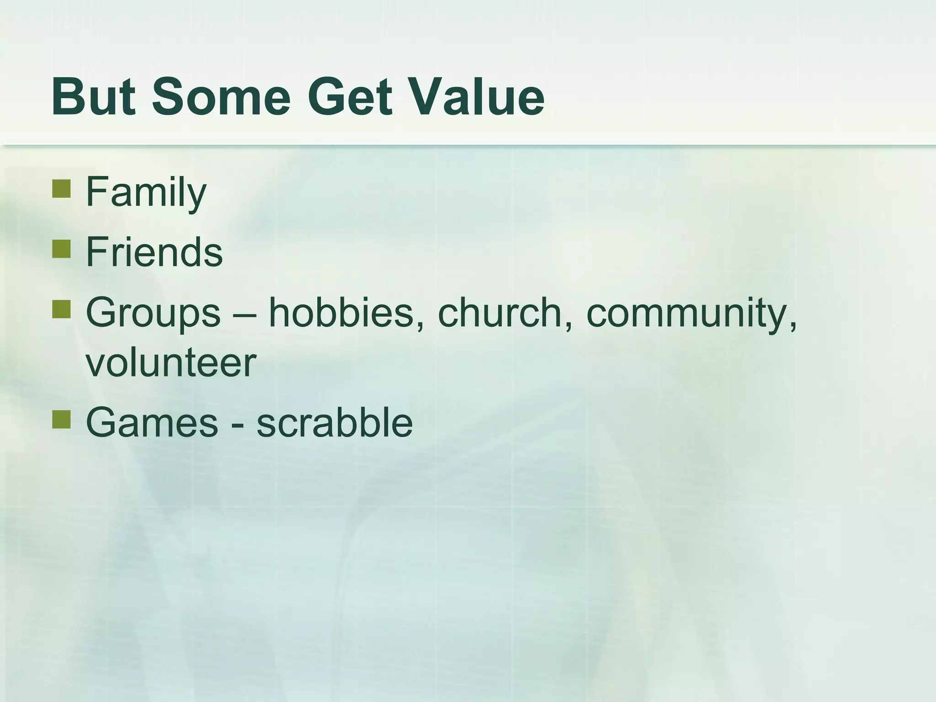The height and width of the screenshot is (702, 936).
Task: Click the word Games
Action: click(x=152, y=423)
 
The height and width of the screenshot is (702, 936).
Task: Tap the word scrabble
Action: click(x=335, y=423)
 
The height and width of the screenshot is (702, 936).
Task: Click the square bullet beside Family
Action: click(x=61, y=188)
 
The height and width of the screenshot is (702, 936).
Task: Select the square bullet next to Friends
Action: click(x=61, y=249)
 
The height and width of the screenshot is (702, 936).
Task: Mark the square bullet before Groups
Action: click(x=61, y=309)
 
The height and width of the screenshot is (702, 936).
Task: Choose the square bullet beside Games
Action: click(x=61, y=420)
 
